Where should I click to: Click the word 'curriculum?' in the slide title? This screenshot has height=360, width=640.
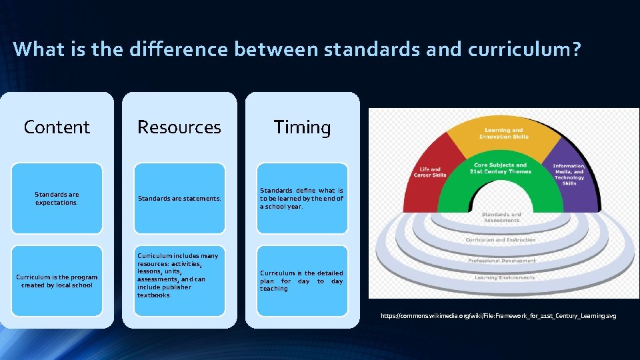tap(520, 49)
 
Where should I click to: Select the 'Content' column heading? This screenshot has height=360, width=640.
tap(57, 127)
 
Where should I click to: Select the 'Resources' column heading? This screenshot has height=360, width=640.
tap(179, 127)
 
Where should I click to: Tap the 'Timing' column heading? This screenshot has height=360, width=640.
tap(302, 127)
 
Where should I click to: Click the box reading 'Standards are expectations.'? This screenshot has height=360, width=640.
tap(57, 198)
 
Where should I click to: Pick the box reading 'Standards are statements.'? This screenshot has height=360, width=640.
tap(179, 198)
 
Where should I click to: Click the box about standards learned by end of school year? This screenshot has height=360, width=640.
tap(302, 198)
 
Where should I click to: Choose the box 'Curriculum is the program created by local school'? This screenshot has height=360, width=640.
tap(57, 281)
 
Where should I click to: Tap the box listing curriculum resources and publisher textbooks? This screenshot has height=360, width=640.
tap(179, 281)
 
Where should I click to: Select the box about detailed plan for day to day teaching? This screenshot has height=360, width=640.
tap(302, 281)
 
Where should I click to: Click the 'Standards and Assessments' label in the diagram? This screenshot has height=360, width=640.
tap(501, 217)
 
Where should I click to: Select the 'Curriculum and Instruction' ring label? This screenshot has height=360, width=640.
tap(500, 239)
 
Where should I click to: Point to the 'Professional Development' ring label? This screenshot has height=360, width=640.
tap(501, 260)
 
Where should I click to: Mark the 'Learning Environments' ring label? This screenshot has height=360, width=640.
tap(504, 277)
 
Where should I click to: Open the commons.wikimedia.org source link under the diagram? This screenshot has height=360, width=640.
tap(498, 315)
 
